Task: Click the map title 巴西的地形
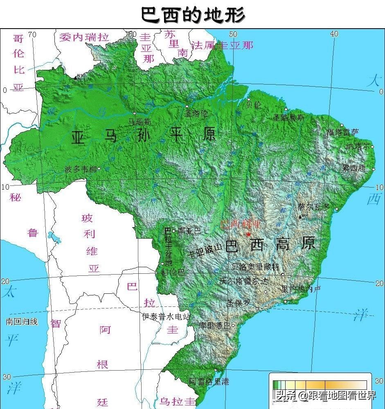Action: tap(193, 15)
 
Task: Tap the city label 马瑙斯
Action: tap(140, 121)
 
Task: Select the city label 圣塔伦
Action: tap(196, 113)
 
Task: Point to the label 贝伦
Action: tap(253, 105)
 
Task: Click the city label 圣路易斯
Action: tap(289, 117)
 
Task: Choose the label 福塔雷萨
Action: tap(342, 132)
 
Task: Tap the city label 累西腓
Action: tap(354, 168)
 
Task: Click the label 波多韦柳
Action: tap(81, 169)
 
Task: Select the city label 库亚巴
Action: tap(189, 231)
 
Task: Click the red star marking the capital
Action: tap(248, 234)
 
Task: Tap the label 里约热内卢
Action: tap(301, 289)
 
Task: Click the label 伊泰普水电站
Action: tap(166, 316)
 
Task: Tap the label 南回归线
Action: tap(22, 322)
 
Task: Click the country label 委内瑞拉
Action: tap(84, 37)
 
